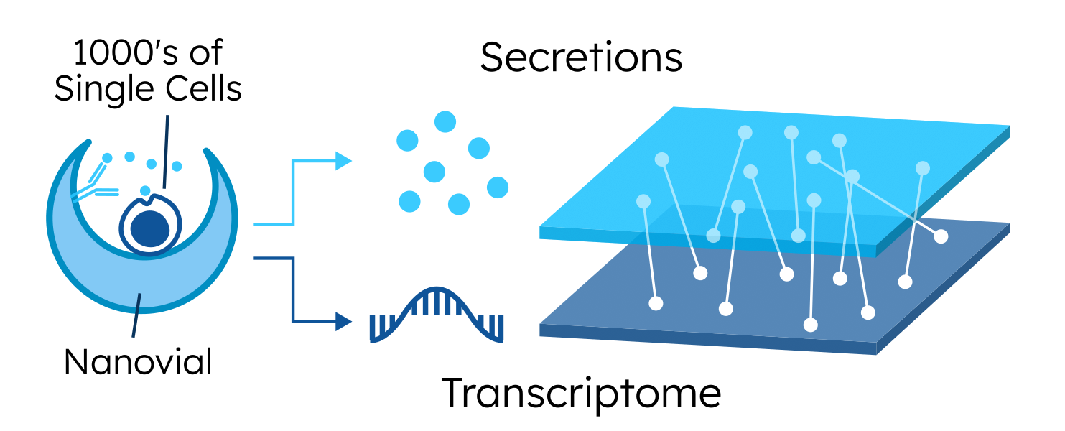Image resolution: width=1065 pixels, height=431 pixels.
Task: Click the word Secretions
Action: point(581,57)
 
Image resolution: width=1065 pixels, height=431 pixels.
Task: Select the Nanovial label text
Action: point(138,362)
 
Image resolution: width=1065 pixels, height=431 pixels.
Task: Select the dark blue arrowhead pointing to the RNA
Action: point(343,321)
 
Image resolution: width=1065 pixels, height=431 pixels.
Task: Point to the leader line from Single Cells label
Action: point(167,151)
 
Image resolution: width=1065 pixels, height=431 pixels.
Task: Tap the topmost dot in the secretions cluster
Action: point(445,121)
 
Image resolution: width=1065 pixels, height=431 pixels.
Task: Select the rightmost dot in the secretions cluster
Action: point(498,187)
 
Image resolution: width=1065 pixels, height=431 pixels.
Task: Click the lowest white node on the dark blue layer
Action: point(811,325)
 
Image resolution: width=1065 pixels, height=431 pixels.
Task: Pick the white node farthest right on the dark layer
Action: point(940,236)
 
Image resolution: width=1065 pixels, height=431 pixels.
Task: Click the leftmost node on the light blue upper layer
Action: point(644,201)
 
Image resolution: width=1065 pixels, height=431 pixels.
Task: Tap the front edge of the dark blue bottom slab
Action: point(707,339)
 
